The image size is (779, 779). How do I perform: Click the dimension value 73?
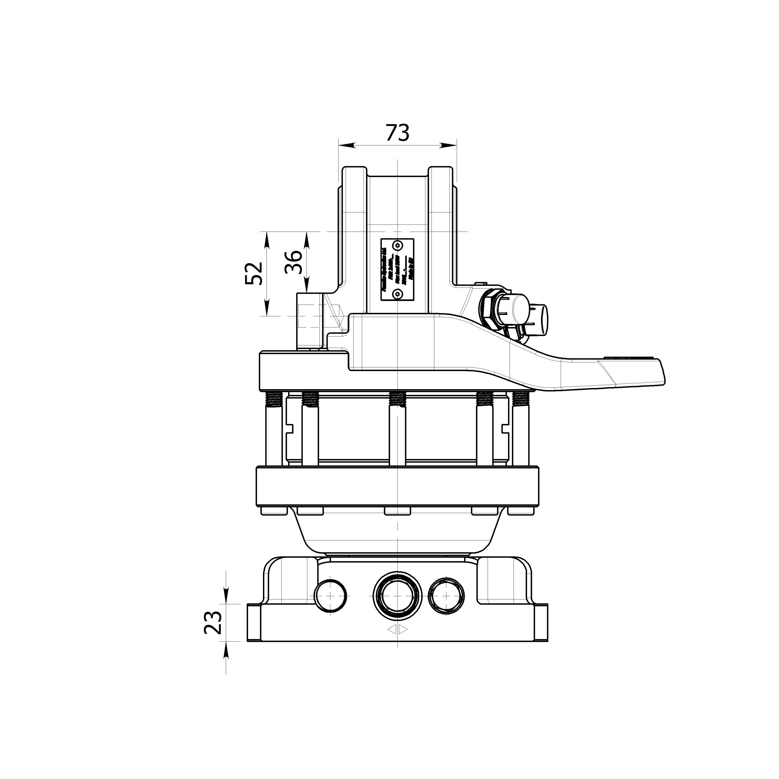tap(398, 133)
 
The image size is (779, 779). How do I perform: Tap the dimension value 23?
tap(213, 623)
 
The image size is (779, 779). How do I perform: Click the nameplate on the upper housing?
tap(398, 269)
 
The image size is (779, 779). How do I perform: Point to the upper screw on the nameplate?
tap(398, 245)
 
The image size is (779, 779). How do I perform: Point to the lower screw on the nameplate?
tap(398, 294)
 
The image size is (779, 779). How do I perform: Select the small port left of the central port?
tap(330, 596)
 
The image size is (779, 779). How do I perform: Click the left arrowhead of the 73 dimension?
tap(347, 145)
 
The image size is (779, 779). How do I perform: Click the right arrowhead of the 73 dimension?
tap(448, 145)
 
